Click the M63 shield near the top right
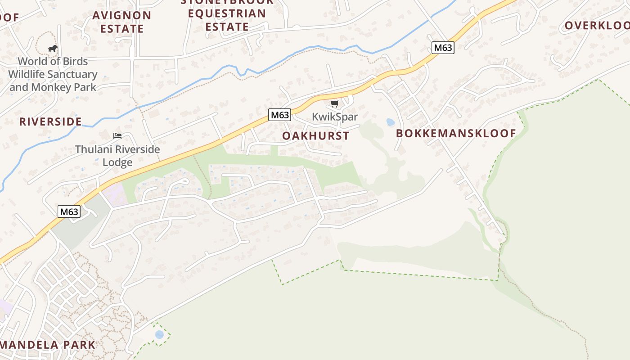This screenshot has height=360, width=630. tap(442, 48)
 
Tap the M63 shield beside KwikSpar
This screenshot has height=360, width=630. tap(279, 115)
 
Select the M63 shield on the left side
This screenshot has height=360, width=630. tap(69, 211)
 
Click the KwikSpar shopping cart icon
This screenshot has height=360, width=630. tap(334, 104)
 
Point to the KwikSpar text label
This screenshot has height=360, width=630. tap(335, 117)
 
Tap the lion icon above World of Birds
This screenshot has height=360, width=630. tap(53, 49)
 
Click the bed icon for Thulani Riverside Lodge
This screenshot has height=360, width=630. tap(117, 135)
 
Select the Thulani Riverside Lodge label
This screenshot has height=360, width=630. tap(117, 155)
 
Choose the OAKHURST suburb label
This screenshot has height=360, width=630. tap(315, 136)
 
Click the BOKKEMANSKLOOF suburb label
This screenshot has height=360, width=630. tap(456, 133)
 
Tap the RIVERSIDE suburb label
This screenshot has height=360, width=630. tap(50, 121)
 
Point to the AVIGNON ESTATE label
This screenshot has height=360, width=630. tap(121, 22)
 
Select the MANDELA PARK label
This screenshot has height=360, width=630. tap(48, 345)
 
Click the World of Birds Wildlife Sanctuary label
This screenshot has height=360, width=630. tap(53, 74)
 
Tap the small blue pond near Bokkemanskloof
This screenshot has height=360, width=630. tap(390, 122)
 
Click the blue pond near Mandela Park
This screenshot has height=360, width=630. tap(159, 334)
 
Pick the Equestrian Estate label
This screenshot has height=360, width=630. tap(227, 20)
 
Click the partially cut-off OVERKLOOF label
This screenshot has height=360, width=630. tap(597, 26)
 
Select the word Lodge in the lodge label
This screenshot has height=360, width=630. tap(117, 162)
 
